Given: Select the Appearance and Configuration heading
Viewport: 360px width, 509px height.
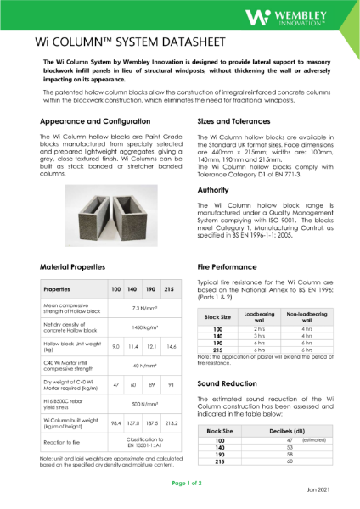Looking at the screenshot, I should pyautogui.click(x=93, y=121).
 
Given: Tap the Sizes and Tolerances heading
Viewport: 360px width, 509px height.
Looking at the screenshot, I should pyautogui.click(x=237, y=121).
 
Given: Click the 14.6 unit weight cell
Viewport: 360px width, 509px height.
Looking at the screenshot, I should pyautogui.click(x=172, y=347).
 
